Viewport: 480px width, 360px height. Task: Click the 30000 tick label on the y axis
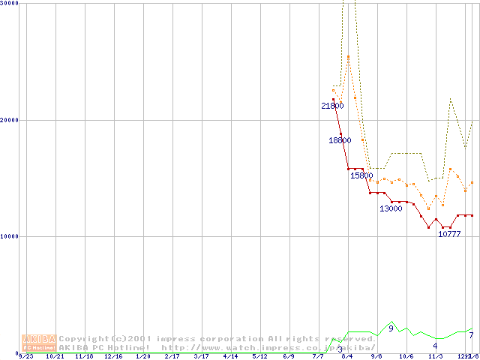point(10,4)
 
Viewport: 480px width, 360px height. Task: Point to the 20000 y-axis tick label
point(10,120)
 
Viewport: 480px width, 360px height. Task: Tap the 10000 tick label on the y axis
point(10,236)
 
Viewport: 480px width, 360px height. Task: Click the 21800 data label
point(332,106)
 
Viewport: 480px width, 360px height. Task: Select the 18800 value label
point(340,140)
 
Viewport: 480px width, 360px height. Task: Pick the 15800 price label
point(361,175)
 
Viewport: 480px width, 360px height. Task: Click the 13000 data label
point(391,208)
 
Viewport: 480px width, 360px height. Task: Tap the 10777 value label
point(449,234)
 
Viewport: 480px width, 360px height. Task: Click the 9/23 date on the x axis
point(25,357)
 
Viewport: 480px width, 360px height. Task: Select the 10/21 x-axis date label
point(55,357)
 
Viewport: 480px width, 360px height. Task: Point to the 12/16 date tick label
point(112,357)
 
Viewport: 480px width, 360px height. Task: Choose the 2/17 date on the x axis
point(172,357)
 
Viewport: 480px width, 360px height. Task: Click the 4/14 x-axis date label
point(230,357)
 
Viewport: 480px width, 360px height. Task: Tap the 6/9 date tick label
point(289,357)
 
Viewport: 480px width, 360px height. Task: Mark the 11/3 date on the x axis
point(435,357)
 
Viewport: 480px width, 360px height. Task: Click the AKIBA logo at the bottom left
point(39,343)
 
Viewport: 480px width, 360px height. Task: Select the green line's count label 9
point(391,328)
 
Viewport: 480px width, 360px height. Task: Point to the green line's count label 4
point(435,346)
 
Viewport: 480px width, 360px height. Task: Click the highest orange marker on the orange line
point(348,57)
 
